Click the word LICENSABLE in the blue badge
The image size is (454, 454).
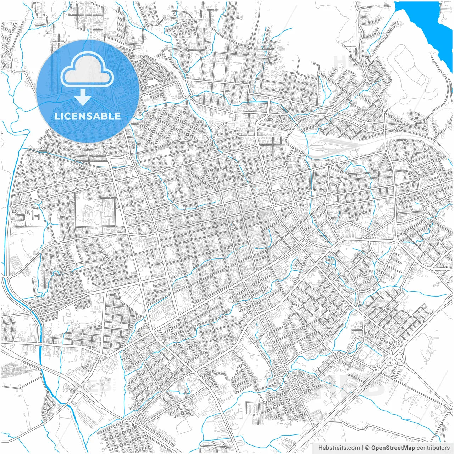pyautogui.click(x=88, y=116)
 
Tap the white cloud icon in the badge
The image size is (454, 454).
pyautogui.click(x=87, y=71)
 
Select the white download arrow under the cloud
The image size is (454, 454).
pyautogui.click(x=83, y=98)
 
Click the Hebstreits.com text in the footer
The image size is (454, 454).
pyautogui.click(x=339, y=448)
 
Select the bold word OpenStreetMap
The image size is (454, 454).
pyautogui.click(x=393, y=448)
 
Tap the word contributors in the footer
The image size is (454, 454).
pyautogui.click(x=433, y=448)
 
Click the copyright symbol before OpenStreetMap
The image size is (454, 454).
pyautogui.click(x=367, y=448)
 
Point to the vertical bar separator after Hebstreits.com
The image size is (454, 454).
pyautogui.click(x=362, y=448)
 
